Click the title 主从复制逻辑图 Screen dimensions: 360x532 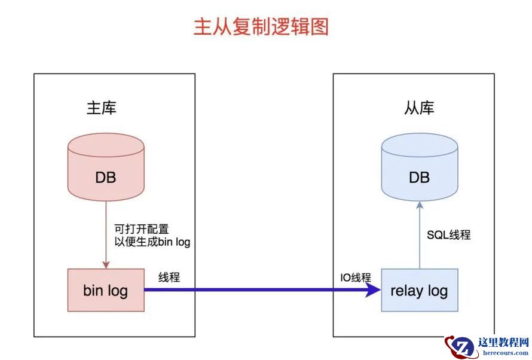point(261,27)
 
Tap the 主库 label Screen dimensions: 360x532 point(102,108)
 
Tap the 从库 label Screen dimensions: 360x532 point(419,108)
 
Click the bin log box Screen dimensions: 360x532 point(106,290)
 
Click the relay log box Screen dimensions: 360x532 point(419,291)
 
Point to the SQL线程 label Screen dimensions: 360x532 point(448,235)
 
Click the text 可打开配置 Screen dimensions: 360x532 point(141,228)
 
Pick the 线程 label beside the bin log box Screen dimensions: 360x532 point(169,277)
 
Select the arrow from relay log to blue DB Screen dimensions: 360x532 point(419,235)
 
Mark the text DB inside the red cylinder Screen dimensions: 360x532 point(106,178)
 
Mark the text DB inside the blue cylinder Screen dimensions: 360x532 point(419,178)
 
